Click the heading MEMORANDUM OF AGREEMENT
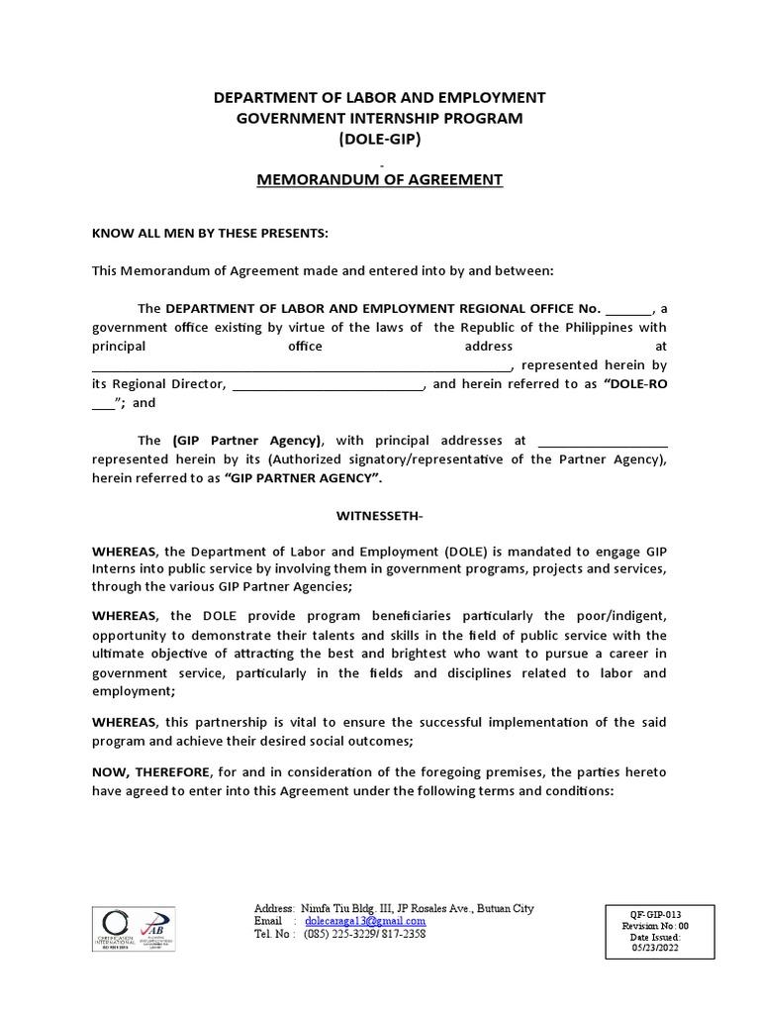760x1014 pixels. (x=380, y=179)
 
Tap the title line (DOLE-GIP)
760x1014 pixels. (x=380, y=139)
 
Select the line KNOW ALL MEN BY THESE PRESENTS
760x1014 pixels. (x=209, y=233)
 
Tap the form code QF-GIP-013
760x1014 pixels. (x=655, y=914)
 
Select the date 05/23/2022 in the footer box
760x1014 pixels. (x=655, y=948)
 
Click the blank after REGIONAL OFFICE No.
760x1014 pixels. (x=629, y=310)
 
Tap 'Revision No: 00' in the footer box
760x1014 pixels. (x=655, y=926)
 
